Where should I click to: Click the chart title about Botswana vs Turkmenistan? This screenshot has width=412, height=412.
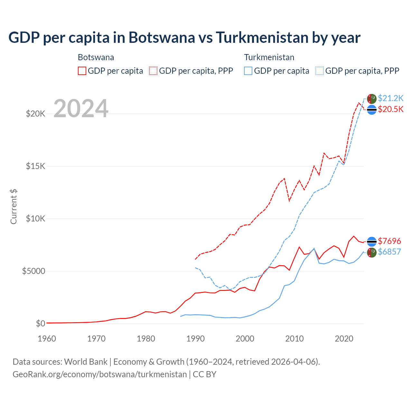pos(184,37)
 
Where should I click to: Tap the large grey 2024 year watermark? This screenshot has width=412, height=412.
pos(81,108)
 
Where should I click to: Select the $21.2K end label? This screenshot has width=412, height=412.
pos(390,98)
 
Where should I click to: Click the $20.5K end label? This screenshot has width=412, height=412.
pos(390,109)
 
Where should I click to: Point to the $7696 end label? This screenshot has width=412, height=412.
pos(389,241)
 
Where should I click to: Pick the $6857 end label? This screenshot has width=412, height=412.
pos(389,252)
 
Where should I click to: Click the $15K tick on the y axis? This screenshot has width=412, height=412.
pos(35,166)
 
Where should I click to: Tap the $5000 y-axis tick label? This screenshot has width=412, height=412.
pos(33,271)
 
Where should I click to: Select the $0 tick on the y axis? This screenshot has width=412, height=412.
pos(40,323)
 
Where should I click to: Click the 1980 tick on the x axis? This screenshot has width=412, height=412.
pos(146,339)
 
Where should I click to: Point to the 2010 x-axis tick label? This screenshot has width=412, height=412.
pos(295,339)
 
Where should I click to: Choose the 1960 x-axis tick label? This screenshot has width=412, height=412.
pos(47,339)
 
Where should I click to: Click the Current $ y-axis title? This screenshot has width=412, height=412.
pos(14,207)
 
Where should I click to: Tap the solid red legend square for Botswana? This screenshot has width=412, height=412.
pos(82,71)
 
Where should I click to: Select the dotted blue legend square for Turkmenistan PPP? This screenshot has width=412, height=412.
pos(320,71)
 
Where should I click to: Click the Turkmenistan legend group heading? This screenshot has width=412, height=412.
pos(269,57)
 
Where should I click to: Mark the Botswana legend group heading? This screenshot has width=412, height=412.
pos(96,57)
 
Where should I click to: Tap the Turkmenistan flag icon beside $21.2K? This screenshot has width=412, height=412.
pos(372,99)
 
